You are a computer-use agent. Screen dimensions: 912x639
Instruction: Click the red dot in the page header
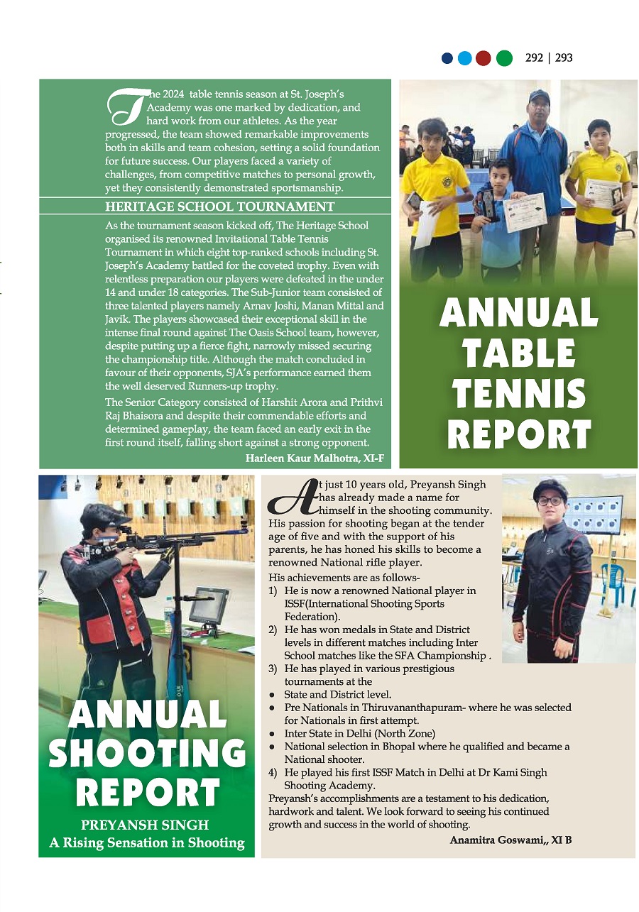[484, 58]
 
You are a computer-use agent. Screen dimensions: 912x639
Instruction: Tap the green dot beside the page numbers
[503, 58]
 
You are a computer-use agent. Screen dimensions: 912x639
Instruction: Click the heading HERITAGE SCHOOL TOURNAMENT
[219, 207]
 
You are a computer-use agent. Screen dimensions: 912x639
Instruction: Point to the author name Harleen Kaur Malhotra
[315, 458]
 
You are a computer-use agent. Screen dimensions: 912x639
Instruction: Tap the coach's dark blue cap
[539, 95]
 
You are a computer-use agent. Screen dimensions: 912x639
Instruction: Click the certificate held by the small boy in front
[524, 212]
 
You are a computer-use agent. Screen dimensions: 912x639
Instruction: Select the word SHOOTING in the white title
[147, 754]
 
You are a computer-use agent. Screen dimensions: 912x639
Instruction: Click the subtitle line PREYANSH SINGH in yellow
[146, 825]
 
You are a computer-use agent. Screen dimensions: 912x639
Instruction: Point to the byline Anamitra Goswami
[510, 840]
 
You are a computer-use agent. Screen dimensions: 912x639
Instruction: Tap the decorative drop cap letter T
[126, 105]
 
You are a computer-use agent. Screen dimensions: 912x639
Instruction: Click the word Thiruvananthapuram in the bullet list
[416, 708]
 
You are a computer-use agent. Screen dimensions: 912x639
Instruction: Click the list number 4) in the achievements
[273, 772]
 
